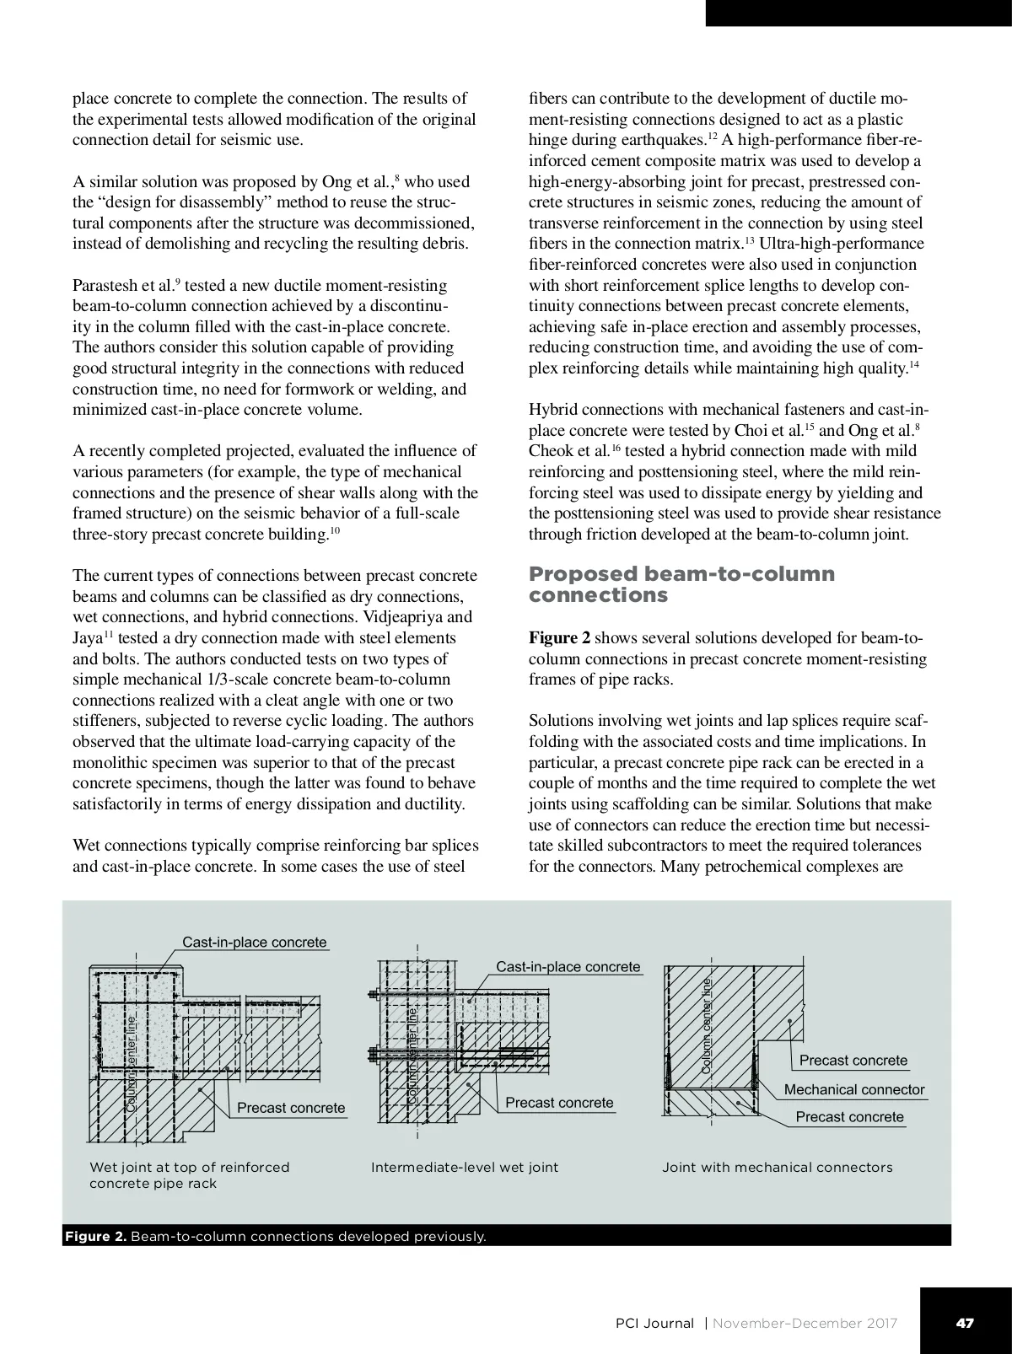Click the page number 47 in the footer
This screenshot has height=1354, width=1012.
[x=965, y=1323]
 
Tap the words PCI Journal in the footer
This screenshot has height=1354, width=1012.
[x=655, y=1323]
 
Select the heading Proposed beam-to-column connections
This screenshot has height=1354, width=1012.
[x=681, y=584]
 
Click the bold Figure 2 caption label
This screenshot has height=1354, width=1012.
[x=95, y=1237]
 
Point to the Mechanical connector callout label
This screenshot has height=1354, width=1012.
[x=854, y=1089]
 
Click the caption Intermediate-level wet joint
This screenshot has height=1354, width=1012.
[x=465, y=1168]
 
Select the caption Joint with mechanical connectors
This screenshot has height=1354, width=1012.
[x=777, y=1168]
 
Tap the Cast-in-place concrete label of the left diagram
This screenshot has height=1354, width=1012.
[x=255, y=942]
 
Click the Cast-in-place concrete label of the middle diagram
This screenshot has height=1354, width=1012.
[x=568, y=966]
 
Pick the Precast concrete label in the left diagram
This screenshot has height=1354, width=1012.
[x=291, y=1107]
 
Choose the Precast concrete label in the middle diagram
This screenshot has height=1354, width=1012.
[x=559, y=1103]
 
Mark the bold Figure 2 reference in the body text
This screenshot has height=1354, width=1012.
[x=559, y=638]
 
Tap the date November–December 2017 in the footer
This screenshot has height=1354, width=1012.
[x=805, y=1323]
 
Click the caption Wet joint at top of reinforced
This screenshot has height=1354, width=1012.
[x=190, y=1168]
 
